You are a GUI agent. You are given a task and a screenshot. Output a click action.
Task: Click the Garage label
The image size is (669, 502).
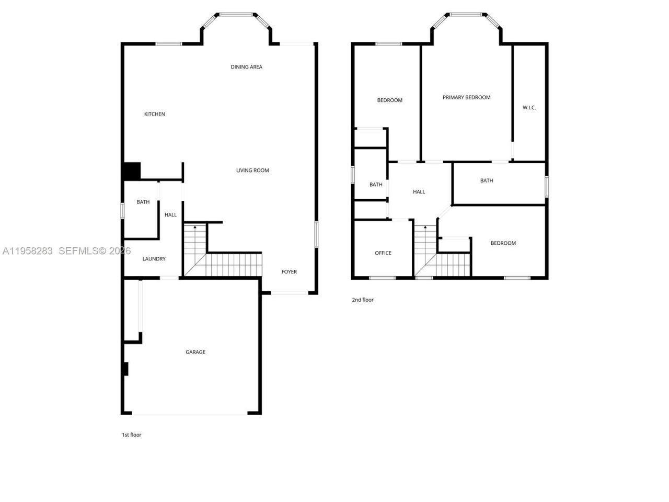(x=195, y=352)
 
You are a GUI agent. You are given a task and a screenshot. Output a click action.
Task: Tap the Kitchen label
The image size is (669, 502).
(x=155, y=114)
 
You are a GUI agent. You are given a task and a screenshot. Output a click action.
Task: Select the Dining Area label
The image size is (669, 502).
(x=247, y=67)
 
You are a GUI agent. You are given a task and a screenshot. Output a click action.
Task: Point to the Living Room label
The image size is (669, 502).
(x=252, y=170)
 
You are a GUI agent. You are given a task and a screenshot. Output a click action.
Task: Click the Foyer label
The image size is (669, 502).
(x=289, y=272)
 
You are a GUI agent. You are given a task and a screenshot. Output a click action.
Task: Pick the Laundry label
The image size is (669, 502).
(x=154, y=259)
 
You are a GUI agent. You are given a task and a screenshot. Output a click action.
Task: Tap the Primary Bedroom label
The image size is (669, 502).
(x=467, y=97)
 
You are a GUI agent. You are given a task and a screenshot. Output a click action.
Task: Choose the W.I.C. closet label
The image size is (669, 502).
(x=529, y=108)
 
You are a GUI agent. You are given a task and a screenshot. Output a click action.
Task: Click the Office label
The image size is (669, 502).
(x=383, y=253)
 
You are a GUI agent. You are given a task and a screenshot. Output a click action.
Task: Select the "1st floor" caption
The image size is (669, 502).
(x=132, y=435)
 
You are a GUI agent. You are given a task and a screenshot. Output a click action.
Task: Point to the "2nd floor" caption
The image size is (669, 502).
(x=363, y=300)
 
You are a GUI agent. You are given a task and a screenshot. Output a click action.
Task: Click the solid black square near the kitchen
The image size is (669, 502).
(x=132, y=171)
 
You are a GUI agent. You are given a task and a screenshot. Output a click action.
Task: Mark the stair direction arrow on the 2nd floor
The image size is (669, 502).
(x=425, y=227)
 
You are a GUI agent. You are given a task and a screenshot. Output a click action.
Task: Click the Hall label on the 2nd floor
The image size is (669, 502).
(x=419, y=192)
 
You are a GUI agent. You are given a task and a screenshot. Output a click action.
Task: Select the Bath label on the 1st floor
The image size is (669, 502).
(x=143, y=202)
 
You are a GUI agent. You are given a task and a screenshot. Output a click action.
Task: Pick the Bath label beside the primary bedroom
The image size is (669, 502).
(x=487, y=180)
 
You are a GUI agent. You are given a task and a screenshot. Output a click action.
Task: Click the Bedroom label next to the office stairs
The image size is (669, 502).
(x=503, y=243)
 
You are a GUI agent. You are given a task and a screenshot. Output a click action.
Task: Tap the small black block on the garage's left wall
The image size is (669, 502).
(x=125, y=369)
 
